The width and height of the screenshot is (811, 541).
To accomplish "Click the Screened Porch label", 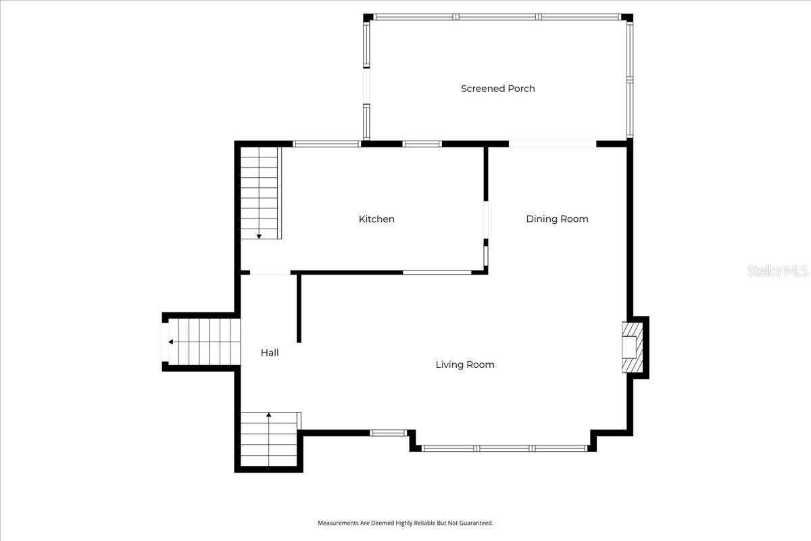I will point(497,89).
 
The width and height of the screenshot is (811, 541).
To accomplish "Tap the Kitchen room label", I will point(376,219).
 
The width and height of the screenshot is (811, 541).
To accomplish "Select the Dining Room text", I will point(557,219).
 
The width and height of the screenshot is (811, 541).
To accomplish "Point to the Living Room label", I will point(464,365).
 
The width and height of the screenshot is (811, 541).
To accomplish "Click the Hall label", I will point(270,353).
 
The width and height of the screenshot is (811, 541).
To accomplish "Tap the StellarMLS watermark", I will point(777,271).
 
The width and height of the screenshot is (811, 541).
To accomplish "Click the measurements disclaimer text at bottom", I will point(405,523).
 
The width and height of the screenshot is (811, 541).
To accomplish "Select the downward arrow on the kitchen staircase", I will point(259,236).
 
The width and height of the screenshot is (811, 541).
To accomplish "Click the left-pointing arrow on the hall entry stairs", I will point(171,342).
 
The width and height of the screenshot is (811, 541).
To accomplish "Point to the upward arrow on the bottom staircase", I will point(269,415).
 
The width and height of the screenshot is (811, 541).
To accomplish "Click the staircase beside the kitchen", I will point(260,193).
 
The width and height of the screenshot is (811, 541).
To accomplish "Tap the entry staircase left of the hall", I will point(203,342).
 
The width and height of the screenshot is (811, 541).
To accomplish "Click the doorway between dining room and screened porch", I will point(552,143).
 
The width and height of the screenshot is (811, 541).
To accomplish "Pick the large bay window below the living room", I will point(503,448).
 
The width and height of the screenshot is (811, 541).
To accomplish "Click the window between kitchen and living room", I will point(437,273).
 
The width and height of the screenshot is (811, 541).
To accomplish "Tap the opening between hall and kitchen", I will point(270,273).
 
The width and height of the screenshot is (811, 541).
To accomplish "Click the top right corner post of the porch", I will point(627,18).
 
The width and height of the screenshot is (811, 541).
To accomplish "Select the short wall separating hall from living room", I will point(298,308).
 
